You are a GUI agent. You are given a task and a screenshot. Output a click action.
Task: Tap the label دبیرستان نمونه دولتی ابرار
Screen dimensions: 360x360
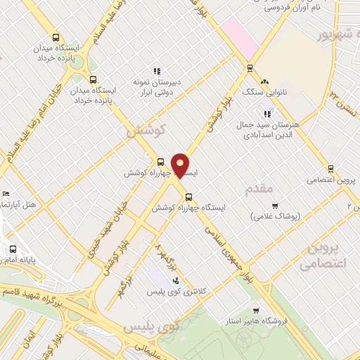pos(157,86)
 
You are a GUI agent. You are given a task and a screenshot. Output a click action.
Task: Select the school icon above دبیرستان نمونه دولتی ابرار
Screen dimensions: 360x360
pos(157,71)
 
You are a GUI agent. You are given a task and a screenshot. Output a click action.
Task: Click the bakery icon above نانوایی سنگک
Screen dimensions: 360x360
pos(265,82)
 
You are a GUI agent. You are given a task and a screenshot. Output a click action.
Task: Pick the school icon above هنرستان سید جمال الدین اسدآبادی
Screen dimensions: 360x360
pos(266,113)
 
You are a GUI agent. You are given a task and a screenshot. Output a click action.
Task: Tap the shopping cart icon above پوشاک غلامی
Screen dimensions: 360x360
pos(275,206)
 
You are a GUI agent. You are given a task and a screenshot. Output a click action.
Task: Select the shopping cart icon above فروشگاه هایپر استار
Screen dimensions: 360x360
pos(257,310)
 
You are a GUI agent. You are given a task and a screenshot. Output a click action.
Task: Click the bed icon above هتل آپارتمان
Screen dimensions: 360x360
pos(6,193)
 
